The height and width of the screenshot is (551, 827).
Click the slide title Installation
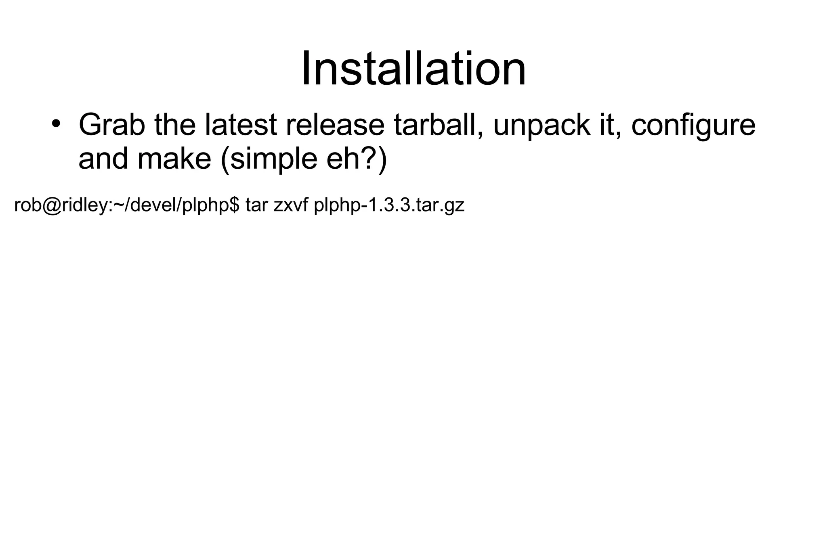click(413, 69)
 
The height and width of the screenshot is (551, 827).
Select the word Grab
click(111, 125)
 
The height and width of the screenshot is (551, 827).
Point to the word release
click(335, 125)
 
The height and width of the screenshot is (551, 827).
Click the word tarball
click(438, 125)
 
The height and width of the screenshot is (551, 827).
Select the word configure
click(693, 126)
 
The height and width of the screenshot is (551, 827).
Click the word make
click(174, 159)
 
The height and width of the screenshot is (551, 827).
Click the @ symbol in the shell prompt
click(51, 205)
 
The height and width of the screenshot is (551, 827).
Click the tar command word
click(257, 205)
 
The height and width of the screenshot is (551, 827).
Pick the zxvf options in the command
click(291, 205)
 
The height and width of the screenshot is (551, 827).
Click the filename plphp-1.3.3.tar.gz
click(389, 205)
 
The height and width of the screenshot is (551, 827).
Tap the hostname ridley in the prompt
click(85, 205)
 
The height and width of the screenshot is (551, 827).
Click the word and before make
click(103, 159)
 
